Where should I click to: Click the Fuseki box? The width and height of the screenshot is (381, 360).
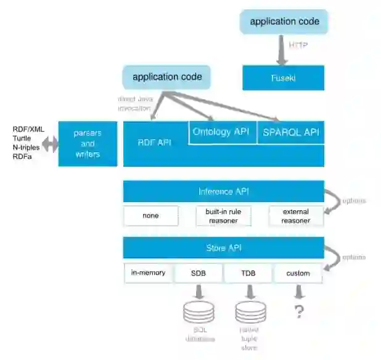(283, 78)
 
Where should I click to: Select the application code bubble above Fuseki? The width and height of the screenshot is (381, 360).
(284, 22)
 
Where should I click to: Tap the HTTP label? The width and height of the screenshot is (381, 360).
(298, 44)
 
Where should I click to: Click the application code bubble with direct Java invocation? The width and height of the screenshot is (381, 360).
(167, 78)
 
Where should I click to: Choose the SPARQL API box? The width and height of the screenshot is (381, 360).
(290, 132)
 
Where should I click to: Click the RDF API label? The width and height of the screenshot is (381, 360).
(154, 143)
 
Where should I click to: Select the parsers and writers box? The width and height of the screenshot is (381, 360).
(88, 144)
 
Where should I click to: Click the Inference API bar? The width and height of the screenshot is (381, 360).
(224, 191)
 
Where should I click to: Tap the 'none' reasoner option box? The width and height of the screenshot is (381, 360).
(150, 216)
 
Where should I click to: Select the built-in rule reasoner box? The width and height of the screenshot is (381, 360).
(223, 216)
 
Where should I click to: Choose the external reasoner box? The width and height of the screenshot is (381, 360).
(296, 216)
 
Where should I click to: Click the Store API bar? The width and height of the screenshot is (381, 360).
(224, 248)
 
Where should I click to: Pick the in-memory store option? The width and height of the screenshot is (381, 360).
(149, 272)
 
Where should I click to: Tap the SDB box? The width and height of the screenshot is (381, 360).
(198, 272)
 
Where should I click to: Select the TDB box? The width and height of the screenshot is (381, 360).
(248, 272)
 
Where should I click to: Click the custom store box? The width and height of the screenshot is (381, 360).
(298, 272)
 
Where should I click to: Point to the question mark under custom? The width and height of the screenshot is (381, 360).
(299, 312)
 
